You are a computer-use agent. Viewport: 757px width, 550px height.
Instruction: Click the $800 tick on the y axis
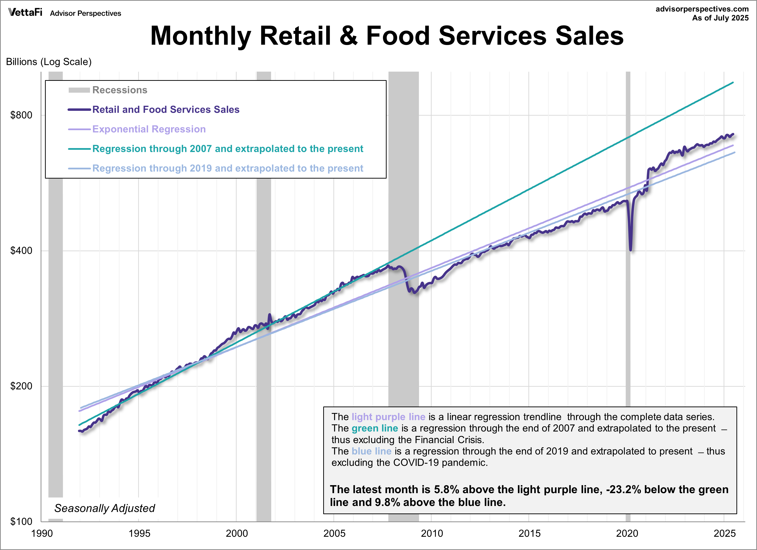click(x=21, y=115)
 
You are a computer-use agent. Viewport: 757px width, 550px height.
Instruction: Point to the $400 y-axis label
click(x=21, y=251)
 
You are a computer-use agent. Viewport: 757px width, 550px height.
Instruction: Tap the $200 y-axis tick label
click(x=21, y=386)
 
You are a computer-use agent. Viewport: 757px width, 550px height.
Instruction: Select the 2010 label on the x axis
click(x=432, y=533)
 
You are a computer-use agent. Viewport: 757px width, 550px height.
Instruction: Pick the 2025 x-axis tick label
click(x=724, y=533)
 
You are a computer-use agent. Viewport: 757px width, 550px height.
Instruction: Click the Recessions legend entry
click(x=120, y=90)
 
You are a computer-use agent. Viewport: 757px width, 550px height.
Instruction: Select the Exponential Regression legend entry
click(x=149, y=129)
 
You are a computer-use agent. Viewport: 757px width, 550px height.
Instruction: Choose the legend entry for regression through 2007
click(x=227, y=149)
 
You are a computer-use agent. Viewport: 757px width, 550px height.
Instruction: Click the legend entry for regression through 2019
click(x=227, y=168)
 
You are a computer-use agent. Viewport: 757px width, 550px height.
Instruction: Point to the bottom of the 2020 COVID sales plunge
click(x=630, y=250)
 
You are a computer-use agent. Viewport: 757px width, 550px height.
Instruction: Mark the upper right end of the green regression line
click(x=733, y=83)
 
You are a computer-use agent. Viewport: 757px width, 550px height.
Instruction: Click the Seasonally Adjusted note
click(x=105, y=508)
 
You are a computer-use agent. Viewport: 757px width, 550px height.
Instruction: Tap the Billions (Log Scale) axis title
click(x=49, y=62)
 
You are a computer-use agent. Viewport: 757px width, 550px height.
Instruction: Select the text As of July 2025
click(x=720, y=18)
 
